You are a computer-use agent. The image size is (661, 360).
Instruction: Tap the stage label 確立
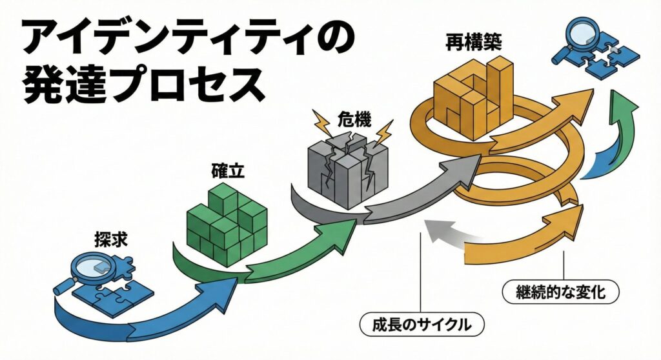coord(227,172)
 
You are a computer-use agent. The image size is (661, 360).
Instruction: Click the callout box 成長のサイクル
coord(422,323)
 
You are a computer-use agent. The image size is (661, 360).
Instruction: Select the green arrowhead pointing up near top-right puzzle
coord(623,106)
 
